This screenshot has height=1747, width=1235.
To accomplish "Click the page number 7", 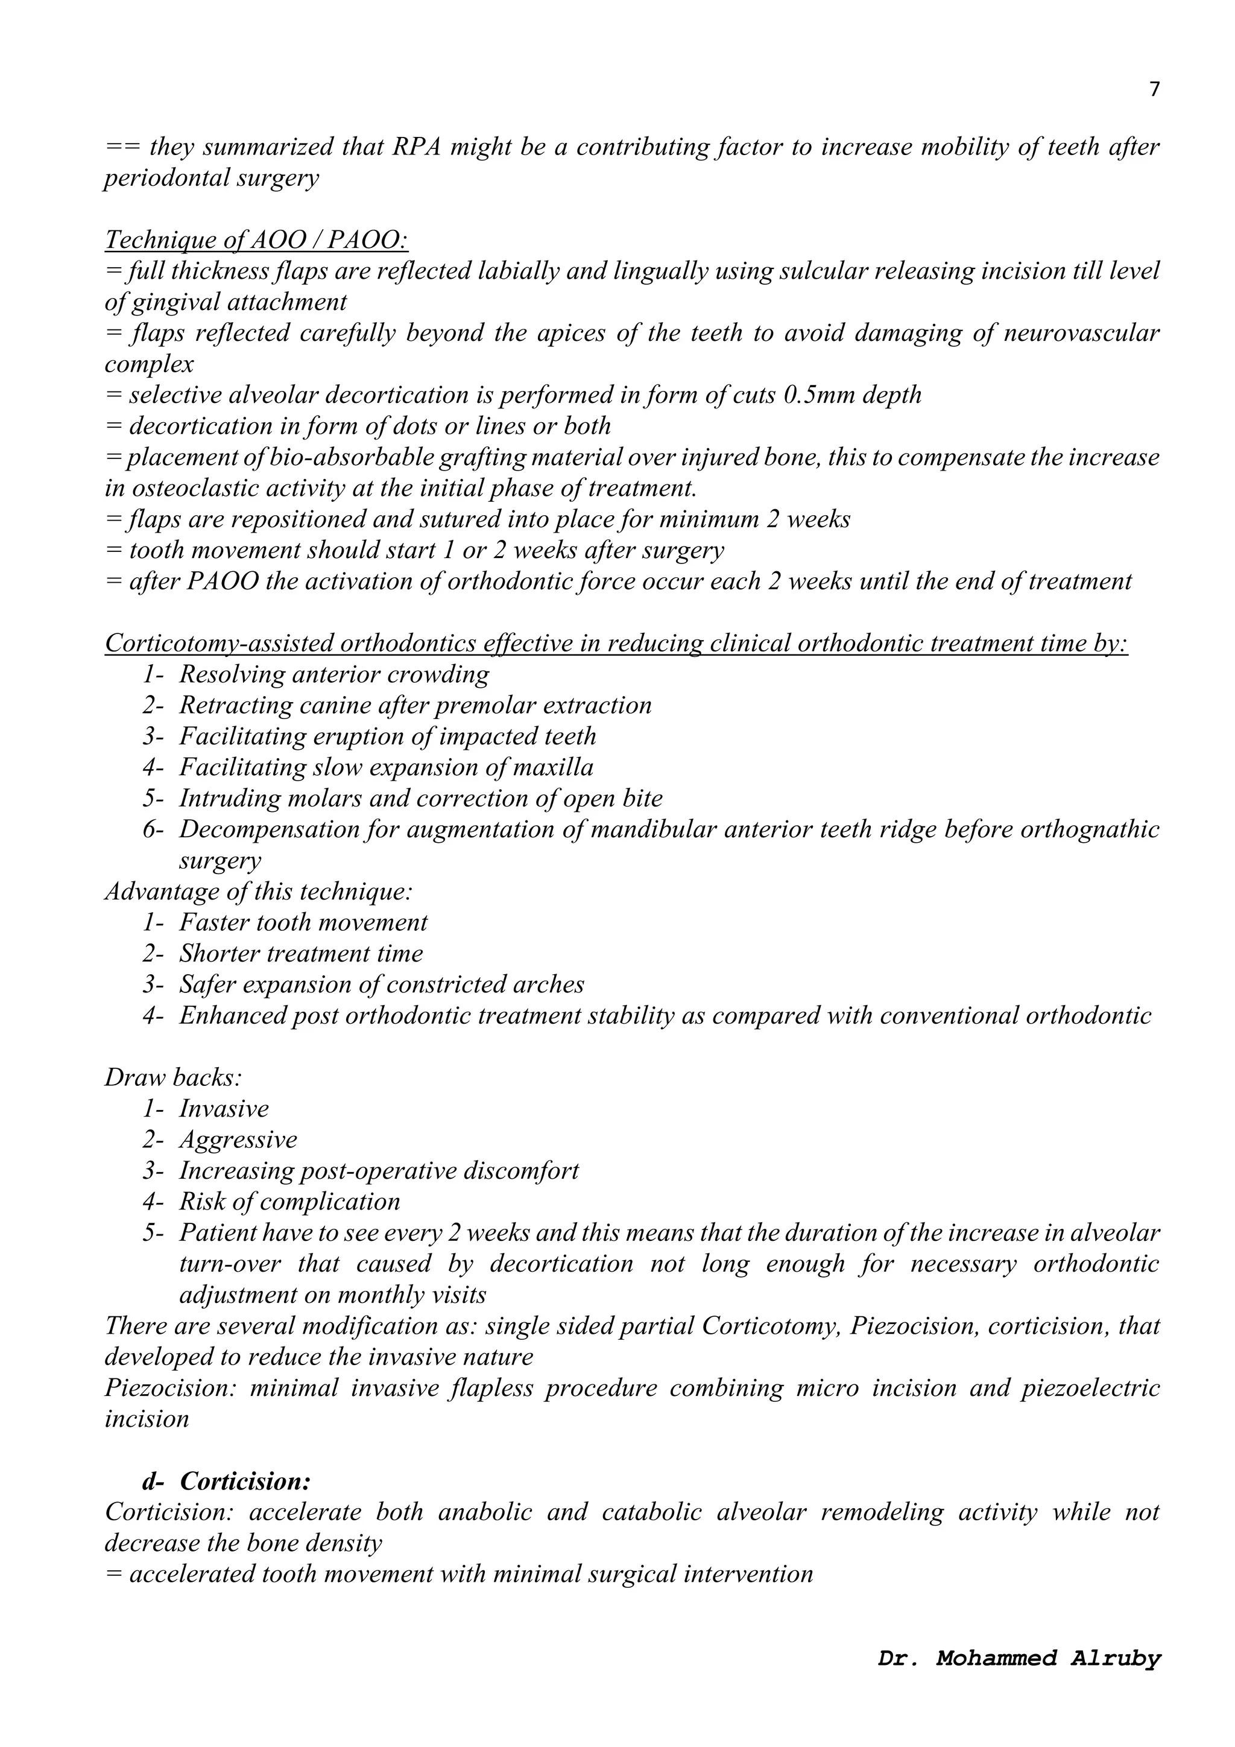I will coord(1154,90).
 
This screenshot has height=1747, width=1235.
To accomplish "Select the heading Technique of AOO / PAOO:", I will coord(256,241).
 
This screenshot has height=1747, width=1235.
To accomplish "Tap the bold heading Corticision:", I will coord(245,1482).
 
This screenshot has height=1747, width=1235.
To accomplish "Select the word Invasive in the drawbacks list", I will coord(224,1109).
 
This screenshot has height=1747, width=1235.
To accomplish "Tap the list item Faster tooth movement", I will coord(303,923).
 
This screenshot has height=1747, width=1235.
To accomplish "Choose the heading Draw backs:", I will coord(172,1077).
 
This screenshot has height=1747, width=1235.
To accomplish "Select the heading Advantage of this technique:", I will coord(259,892).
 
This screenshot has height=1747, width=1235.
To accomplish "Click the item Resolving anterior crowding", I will coord(334,675).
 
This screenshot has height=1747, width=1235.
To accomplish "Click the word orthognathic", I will coord(1089,829).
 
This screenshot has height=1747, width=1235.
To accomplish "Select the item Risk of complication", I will coord(289,1202).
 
